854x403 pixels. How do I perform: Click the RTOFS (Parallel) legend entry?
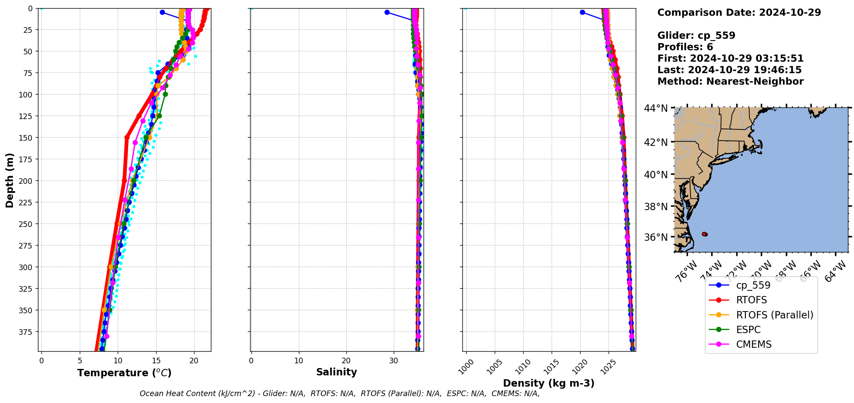(774, 315)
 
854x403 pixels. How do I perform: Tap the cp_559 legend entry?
(753, 285)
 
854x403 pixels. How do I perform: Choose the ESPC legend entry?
(748, 330)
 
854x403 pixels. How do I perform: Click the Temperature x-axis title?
(124, 373)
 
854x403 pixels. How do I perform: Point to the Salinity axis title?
(336, 372)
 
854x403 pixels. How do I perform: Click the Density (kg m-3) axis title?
(549, 383)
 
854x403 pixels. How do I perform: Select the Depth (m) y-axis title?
(9, 180)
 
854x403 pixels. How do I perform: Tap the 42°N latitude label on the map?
(656, 142)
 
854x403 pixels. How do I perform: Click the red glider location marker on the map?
(704, 234)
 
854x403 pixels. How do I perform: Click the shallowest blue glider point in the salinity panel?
(387, 12)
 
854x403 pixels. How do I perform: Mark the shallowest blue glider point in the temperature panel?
(162, 12)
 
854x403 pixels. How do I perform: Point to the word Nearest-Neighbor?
(755, 82)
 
